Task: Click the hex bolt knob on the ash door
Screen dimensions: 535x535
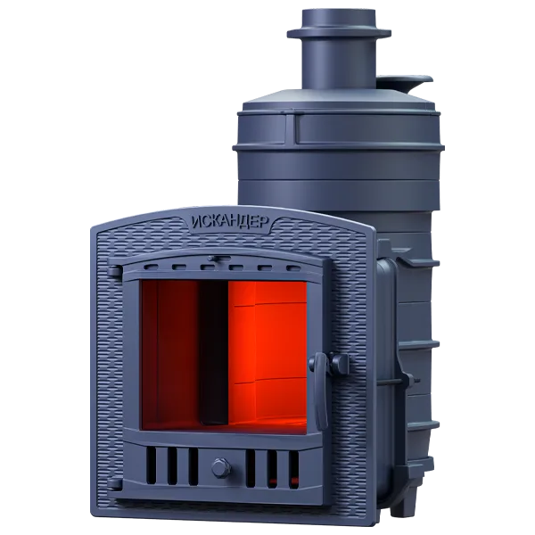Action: point(221,468)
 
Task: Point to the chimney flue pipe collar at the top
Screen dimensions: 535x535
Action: point(339,33)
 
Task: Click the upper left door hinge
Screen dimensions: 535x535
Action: point(115,271)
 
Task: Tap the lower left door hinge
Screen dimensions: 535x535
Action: point(115,484)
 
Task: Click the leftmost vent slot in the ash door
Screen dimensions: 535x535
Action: point(152,465)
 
